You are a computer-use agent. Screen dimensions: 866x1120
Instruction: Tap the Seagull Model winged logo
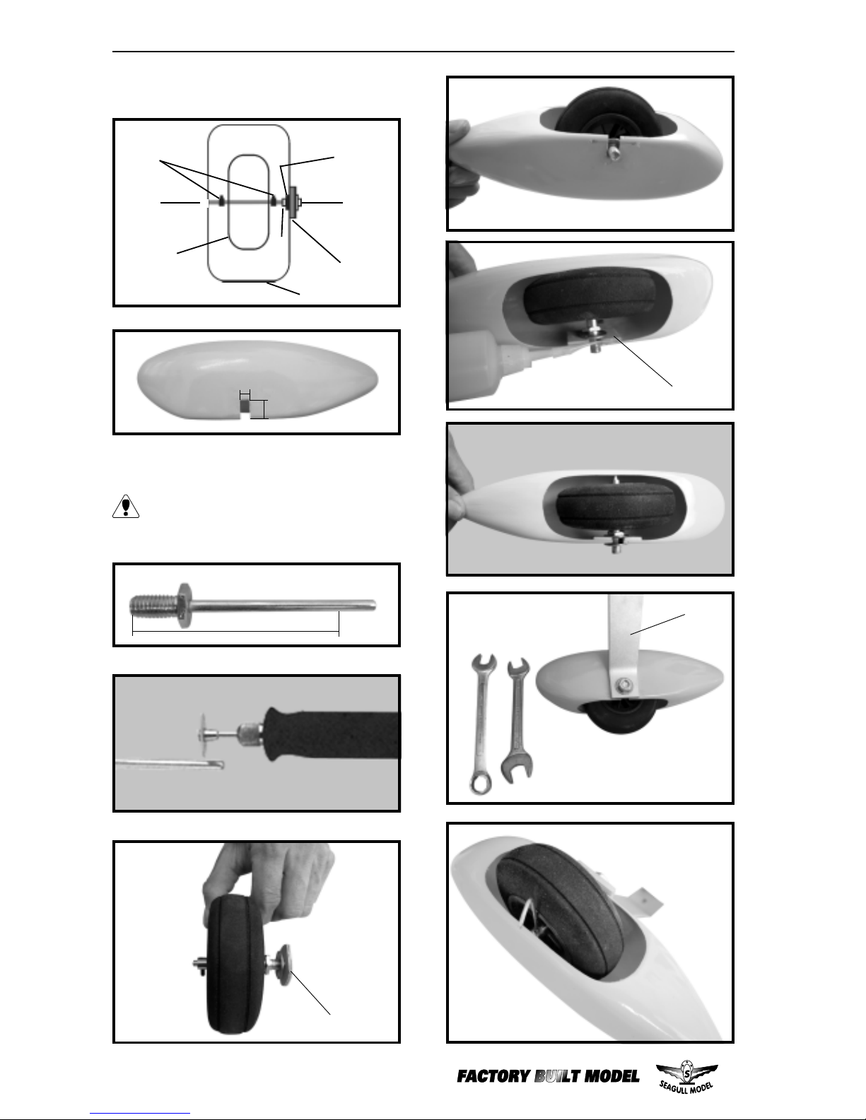tap(686, 1076)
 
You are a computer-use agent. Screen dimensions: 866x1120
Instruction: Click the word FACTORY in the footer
tap(493, 1077)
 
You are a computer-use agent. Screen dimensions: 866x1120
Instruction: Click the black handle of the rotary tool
tap(332, 733)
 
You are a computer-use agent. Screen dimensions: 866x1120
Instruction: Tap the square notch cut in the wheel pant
tap(245, 408)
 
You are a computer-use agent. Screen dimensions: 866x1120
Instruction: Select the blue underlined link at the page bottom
tap(140, 1114)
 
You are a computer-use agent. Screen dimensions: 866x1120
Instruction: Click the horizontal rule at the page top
tap(423, 52)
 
